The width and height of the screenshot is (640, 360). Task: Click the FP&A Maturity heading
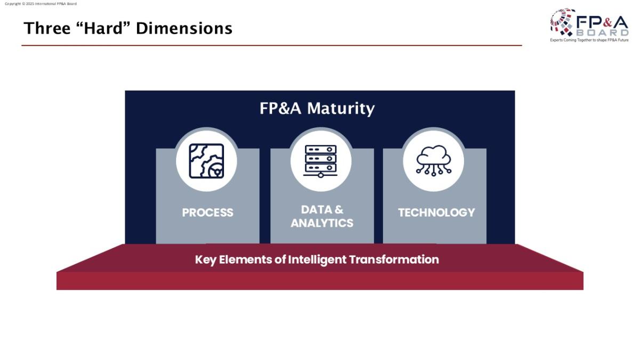point(317,109)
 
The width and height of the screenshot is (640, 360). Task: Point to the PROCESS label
point(207,213)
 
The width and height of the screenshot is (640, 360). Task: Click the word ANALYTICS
point(322,223)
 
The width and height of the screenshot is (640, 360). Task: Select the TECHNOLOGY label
point(436,213)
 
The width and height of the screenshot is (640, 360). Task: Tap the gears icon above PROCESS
point(206,161)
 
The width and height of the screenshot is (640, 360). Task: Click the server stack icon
point(321,161)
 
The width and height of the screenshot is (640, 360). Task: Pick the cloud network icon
point(434,161)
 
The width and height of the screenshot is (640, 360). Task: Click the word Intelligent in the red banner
point(317,260)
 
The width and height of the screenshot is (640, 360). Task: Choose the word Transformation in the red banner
point(394,260)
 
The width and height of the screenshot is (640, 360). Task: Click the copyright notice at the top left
point(41,4)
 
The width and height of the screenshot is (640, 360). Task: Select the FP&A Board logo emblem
point(563,22)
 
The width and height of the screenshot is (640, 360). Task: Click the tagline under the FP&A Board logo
point(589,40)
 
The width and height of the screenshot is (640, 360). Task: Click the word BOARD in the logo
point(602,33)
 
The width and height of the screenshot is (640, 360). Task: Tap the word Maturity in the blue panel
point(341,109)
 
